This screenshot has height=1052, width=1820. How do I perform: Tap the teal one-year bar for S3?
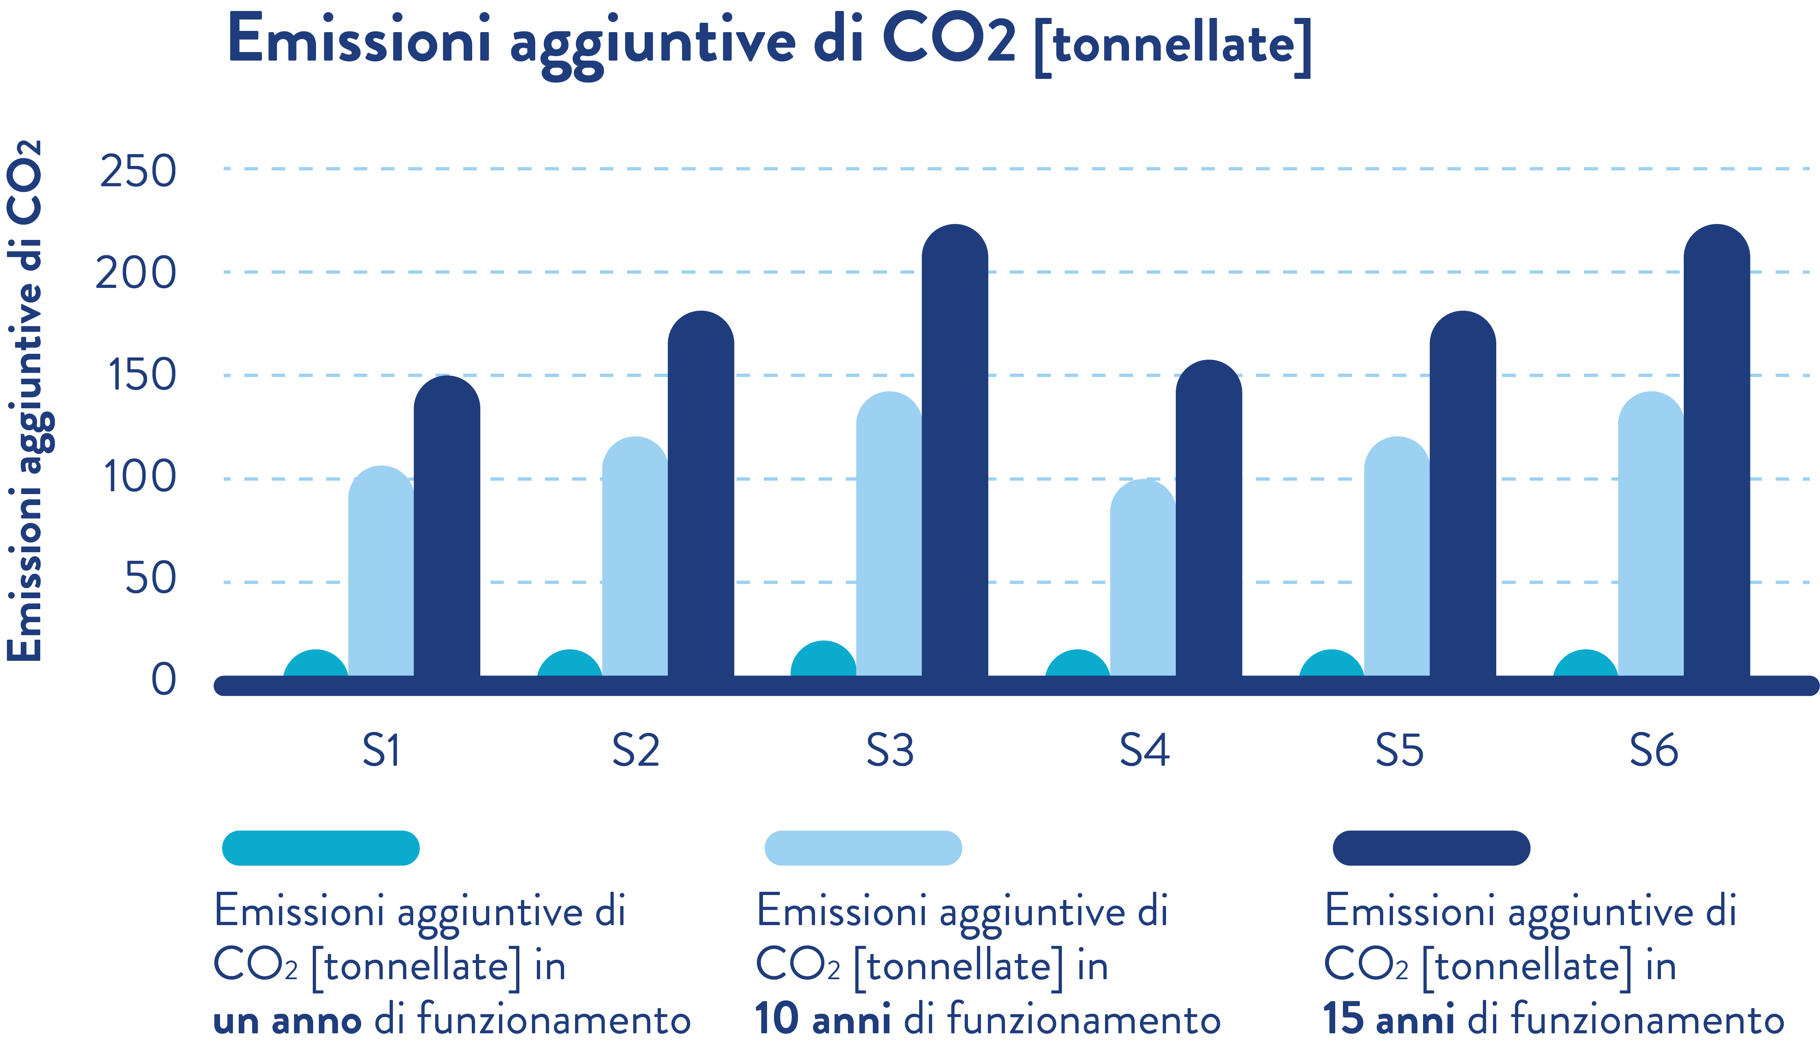click(823, 661)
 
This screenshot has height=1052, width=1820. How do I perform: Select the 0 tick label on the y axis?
click(163, 680)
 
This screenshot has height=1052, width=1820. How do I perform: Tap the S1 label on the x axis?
click(381, 751)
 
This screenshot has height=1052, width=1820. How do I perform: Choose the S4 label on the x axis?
click(1144, 751)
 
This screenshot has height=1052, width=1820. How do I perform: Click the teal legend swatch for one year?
click(320, 848)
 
